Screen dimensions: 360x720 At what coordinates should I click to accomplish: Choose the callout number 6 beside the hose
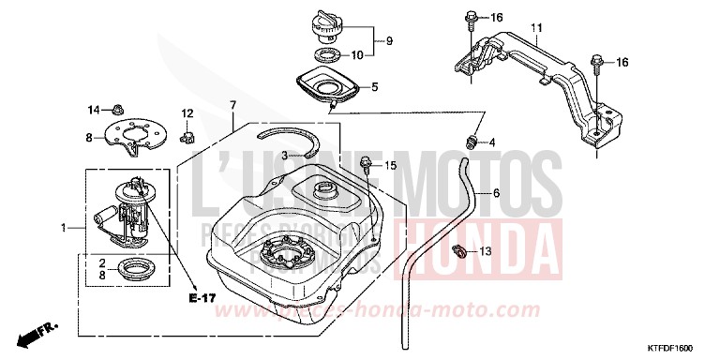[x=496, y=193]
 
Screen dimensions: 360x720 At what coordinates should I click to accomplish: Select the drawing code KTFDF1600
[x=679, y=347]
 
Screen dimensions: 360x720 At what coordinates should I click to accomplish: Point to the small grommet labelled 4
[x=473, y=142]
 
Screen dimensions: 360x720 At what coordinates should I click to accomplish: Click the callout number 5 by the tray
[x=374, y=87]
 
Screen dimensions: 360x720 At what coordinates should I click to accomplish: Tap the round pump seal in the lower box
[x=125, y=273]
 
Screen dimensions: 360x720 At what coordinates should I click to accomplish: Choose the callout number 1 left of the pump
[x=64, y=228]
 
